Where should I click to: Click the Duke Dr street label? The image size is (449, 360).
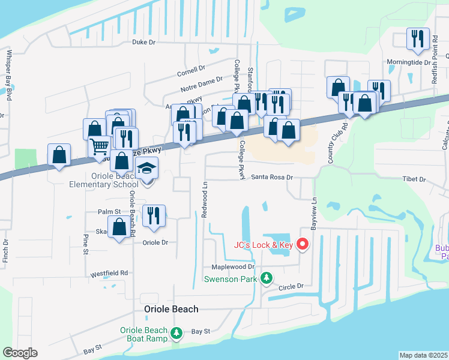click(x=143, y=43)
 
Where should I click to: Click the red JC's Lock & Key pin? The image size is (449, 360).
click(x=303, y=244)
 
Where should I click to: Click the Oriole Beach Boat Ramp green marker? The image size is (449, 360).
click(x=176, y=332)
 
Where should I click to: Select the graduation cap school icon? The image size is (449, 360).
click(x=146, y=170)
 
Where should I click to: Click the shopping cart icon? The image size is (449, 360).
click(x=99, y=145)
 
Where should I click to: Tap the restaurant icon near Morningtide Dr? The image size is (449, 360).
click(x=417, y=38)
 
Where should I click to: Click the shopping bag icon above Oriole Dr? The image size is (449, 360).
click(x=119, y=227)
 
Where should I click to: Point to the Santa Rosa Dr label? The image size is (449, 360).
click(x=271, y=178)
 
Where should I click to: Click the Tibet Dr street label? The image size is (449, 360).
click(x=414, y=179)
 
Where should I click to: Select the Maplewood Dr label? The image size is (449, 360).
click(x=233, y=266)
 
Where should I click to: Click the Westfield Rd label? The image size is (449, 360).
click(x=109, y=273)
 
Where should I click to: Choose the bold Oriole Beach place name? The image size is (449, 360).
click(x=171, y=309)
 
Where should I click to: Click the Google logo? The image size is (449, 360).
click(x=19, y=353)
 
